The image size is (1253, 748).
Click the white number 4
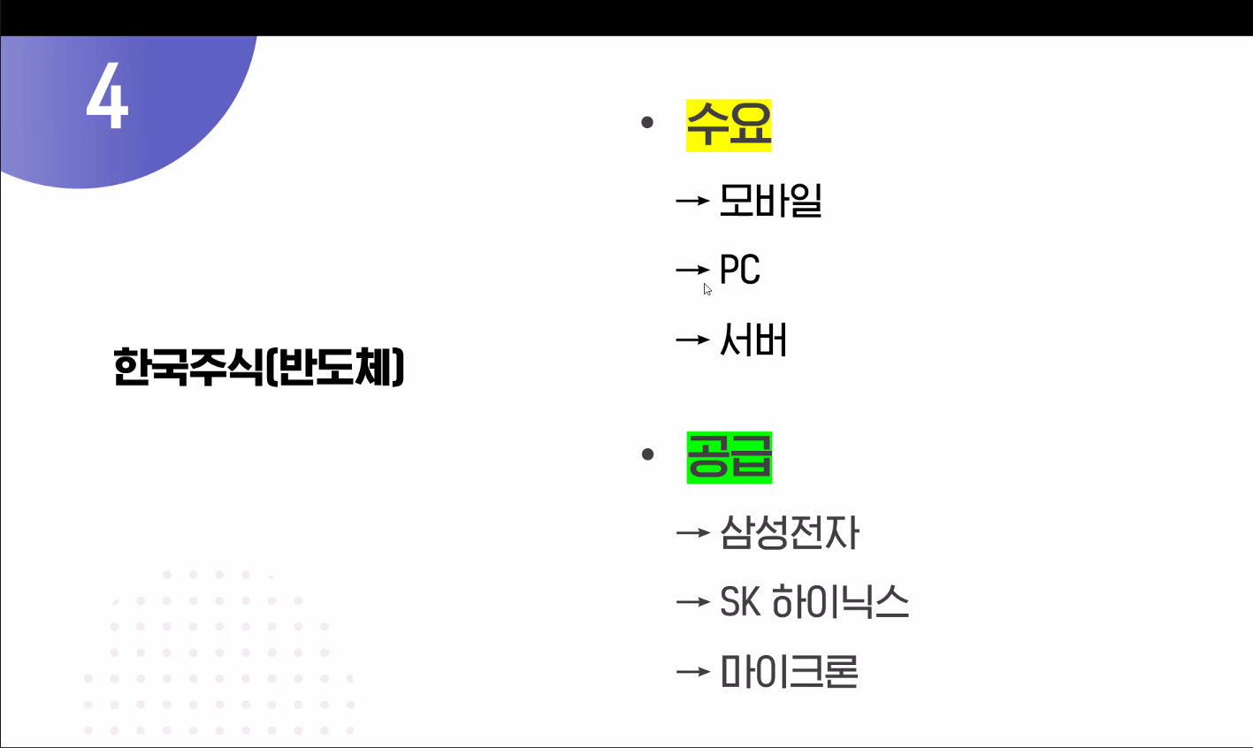(x=107, y=95)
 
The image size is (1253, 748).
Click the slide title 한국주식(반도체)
(x=258, y=367)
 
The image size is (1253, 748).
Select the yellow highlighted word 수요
(x=729, y=126)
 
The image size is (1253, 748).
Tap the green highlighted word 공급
(x=730, y=457)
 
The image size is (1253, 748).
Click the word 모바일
(x=770, y=201)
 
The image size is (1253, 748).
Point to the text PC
(x=739, y=270)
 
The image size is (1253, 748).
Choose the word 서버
(x=753, y=339)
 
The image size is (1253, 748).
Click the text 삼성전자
(x=790, y=532)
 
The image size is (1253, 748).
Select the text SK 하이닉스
(x=814, y=601)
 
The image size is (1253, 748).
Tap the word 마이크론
(x=789, y=671)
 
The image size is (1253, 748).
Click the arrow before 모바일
(x=693, y=201)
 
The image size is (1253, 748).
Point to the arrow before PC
(x=693, y=270)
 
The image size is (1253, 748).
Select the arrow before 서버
(x=693, y=339)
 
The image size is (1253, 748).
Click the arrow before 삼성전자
(x=693, y=532)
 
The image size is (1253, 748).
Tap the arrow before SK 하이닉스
(x=693, y=602)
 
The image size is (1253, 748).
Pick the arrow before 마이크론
(x=693, y=671)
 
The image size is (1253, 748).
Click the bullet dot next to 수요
(x=647, y=122)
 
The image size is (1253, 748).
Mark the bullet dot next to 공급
(x=648, y=454)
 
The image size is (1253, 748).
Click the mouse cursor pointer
(x=707, y=289)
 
